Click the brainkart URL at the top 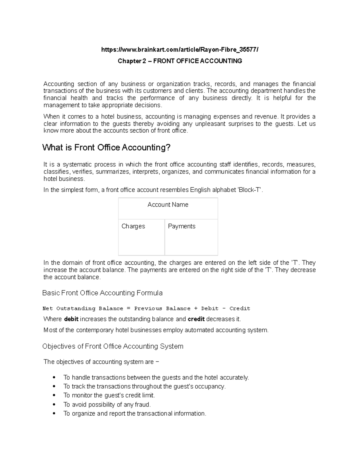click(x=180, y=50)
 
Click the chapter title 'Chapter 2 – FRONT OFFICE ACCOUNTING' click(x=180, y=61)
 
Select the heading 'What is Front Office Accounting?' click(x=106, y=147)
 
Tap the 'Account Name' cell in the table click(x=168, y=205)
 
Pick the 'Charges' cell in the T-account click(x=133, y=226)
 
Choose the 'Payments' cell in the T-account click(x=181, y=226)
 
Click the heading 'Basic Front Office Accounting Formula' click(x=102, y=293)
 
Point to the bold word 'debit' click(x=71, y=319)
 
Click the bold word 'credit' click(x=196, y=319)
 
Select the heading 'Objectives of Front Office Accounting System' click(x=113, y=346)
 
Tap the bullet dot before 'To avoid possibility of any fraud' click(x=54, y=404)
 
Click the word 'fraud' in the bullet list click(x=142, y=404)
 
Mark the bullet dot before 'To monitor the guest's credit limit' click(x=54, y=395)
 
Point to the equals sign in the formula click(x=129, y=308)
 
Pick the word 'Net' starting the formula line click(x=48, y=308)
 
